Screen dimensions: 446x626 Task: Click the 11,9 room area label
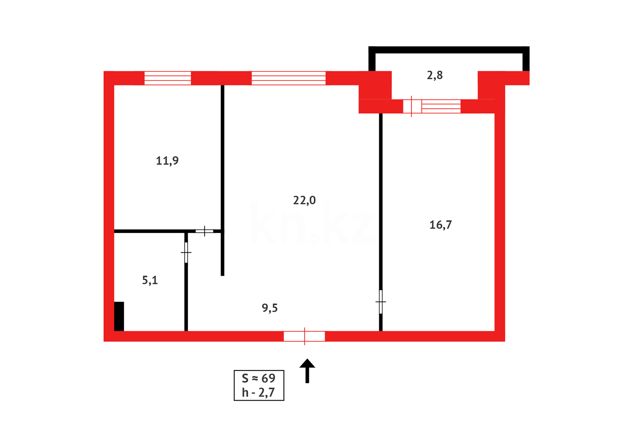[x=167, y=161]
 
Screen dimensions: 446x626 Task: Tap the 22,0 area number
[x=304, y=200]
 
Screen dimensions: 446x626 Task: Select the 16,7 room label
[x=441, y=225]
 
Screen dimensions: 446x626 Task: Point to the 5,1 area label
[x=150, y=280]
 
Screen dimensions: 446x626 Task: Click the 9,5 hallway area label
[x=270, y=308]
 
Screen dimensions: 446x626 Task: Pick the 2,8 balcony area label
[x=435, y=75]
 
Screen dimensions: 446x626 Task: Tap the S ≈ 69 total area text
[x=258, y=378]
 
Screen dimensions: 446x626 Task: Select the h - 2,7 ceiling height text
[x=258, y=393]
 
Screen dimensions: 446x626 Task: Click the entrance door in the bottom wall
[x=304, y=336]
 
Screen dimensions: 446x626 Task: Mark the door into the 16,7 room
[x=381, y=302]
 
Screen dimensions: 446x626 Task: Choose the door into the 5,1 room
[x=186, y=252]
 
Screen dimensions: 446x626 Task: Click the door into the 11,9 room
[x=204, y=231]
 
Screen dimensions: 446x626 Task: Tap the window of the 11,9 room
[x=168, y=78]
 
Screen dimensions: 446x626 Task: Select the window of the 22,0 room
[x=288, y=78]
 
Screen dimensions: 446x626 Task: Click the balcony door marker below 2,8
[x=412, y=107]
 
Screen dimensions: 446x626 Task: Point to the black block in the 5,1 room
[x=119, y=316]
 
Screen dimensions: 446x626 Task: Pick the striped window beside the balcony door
[x=441, y=107]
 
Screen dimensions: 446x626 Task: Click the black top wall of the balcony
[x=449, y=50]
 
